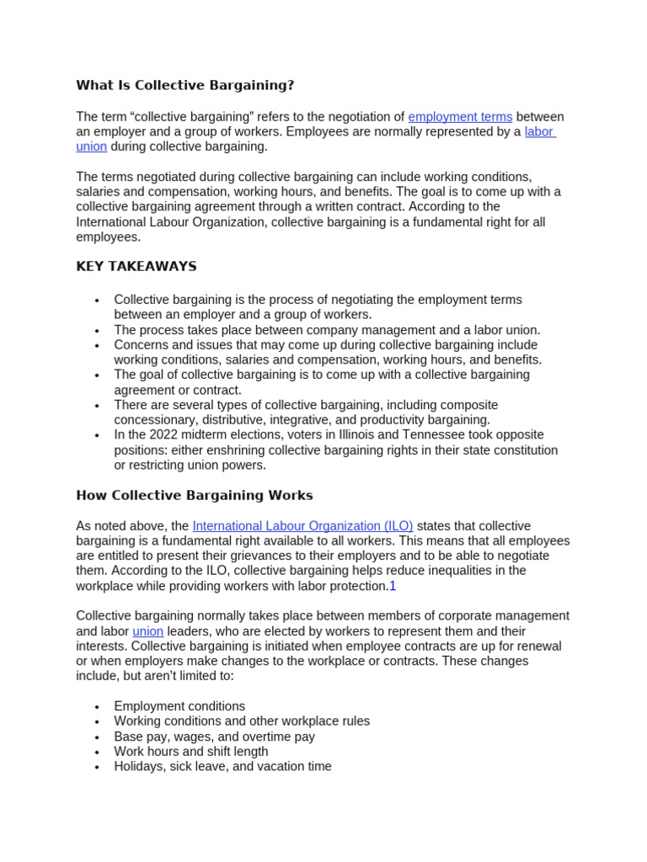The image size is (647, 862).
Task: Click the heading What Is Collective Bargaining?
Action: coord(185,85)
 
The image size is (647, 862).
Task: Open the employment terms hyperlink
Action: coord(460,117)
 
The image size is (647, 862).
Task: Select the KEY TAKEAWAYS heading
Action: coord(136,266)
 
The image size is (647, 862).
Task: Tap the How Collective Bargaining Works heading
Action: coord(194,495)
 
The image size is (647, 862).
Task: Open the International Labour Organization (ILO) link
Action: coord(302,526)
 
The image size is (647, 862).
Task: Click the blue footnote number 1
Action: coord(393,586)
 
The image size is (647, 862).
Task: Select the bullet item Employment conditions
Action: coord(179,706)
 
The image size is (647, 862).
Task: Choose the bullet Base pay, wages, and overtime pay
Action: coord(214,737)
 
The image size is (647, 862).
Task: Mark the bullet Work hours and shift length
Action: coord(191,752)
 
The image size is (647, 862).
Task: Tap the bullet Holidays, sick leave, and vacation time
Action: coord(222,767)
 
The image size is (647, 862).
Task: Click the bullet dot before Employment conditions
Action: coord(98,707)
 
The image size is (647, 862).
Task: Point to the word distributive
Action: coord(248,420)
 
